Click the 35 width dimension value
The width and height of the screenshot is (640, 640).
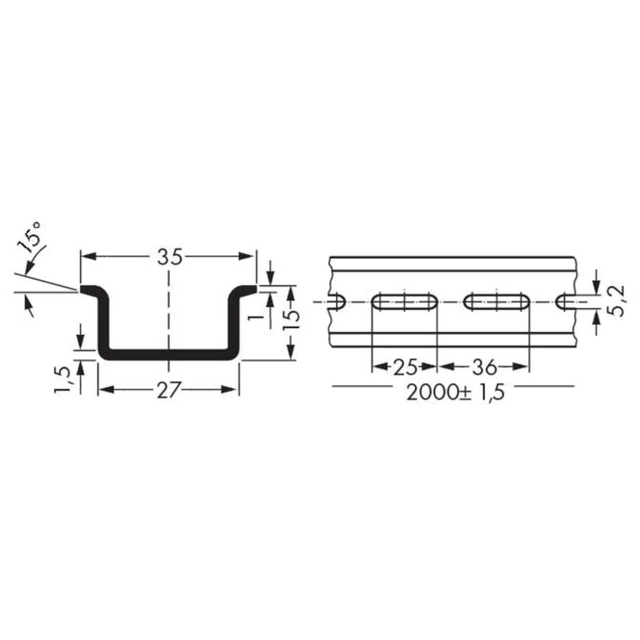[x=169, y=256]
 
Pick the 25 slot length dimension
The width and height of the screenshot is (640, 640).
[x=404, y=367]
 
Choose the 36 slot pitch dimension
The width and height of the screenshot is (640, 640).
[x=484, y=367]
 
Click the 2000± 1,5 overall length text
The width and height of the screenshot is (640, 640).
[x=455, y=392]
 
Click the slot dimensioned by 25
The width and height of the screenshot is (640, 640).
[x=404, y=302]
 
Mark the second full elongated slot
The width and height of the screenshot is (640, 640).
[x=497, y=302]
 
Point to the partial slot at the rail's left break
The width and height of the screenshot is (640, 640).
[x=337, y=301]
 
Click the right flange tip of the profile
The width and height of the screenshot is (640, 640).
[x=251, y=290]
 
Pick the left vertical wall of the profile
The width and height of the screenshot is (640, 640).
[x=103, y=323]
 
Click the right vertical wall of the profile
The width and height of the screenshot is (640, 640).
[x=235, y=323]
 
